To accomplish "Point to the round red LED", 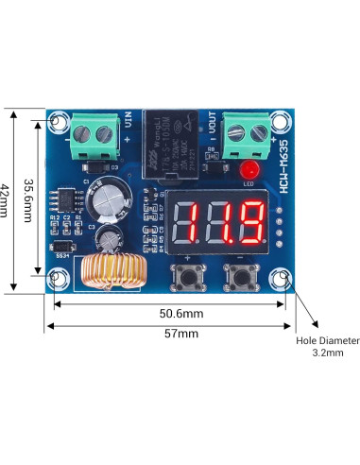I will [250, 170].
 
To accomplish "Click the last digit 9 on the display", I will [251, 224].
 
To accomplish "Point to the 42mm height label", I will [10, 200].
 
